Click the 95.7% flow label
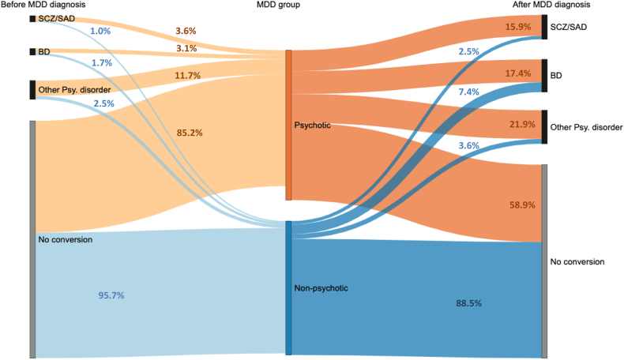[111, 295]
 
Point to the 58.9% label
[522, 204]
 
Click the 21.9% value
[523, 125]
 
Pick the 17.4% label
[521, 73]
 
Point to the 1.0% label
[100, 32]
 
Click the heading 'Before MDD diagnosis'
[43, 6]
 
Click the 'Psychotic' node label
[312, 125]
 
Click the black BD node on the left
[32, 52]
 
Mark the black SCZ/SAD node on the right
[544, 27]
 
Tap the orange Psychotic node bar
[288, 125]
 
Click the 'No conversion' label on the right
[577, 261]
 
